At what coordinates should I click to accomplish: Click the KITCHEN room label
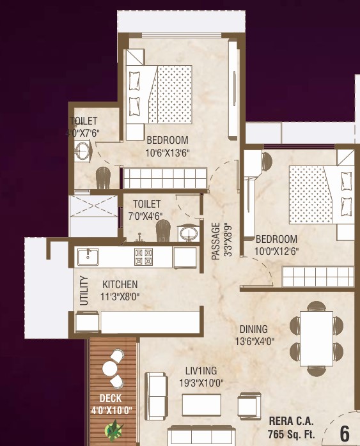(x=120, y=284)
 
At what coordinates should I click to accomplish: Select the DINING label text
(x=254, y=330)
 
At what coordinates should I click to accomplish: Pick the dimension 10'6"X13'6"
(x=168, y=152)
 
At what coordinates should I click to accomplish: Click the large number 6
(x=345, y=433)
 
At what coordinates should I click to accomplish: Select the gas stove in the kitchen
(x=143, y=257)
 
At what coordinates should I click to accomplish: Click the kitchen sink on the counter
(x=88, y=257)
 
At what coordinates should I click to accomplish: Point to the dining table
(x=316, y=337)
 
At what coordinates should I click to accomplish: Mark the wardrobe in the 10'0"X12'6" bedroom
(x=318, y=277)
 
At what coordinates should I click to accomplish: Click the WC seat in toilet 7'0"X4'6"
(x=163, y=229)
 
